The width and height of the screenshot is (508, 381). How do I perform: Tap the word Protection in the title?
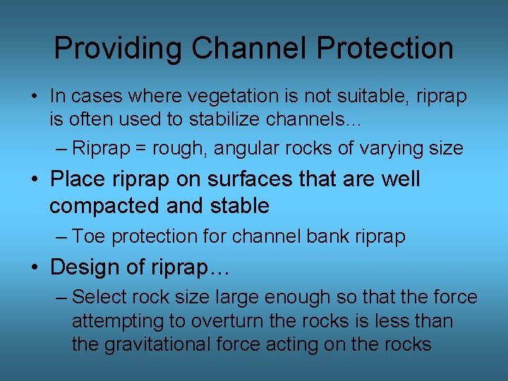point(385,48)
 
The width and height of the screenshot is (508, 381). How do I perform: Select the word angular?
point(248,148)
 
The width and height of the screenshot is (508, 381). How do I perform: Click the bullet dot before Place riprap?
point(35,179)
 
